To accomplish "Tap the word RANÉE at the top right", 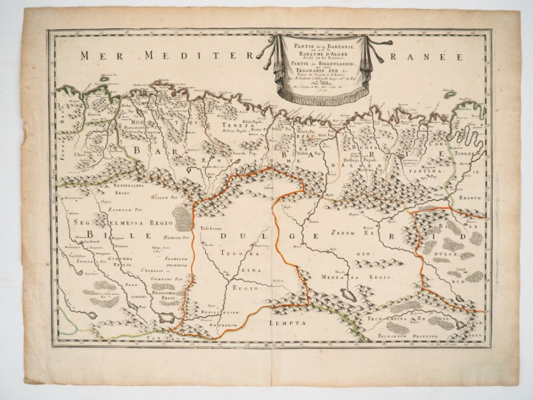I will coord(430,56).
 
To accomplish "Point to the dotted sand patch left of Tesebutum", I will coord(182,219).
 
